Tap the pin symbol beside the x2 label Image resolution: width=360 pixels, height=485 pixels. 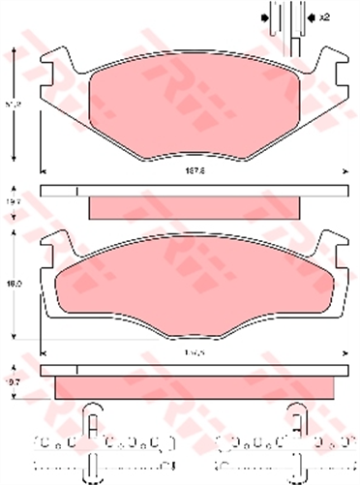point(287,19)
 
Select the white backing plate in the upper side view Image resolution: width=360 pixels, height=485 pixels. point(194,190)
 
